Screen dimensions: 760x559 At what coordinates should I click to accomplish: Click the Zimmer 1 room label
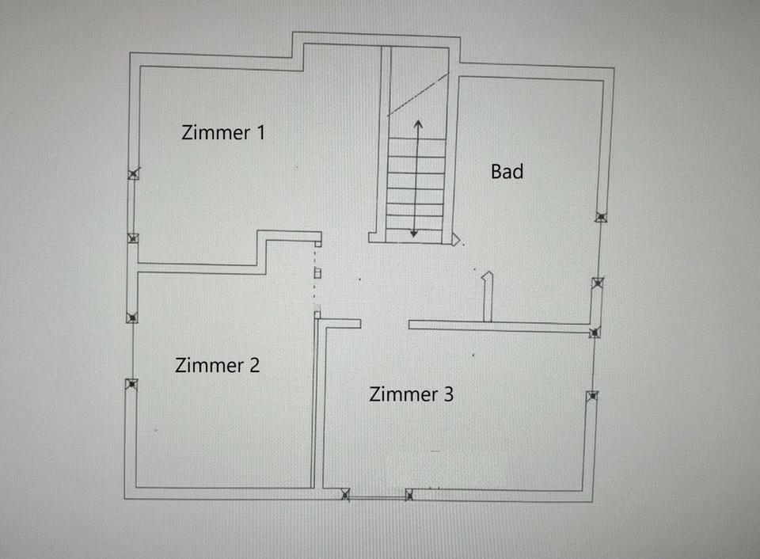[x=223, y=132]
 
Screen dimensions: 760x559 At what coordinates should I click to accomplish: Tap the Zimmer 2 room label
[x=217, y=365]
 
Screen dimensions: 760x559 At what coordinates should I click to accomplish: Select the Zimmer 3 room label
[x=411, y=394]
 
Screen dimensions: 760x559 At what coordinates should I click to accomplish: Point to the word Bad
[x=507, y=170]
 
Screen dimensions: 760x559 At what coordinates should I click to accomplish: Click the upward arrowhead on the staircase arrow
[x=419, y=123]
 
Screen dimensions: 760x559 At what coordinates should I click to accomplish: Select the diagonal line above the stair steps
[x=418, y=94]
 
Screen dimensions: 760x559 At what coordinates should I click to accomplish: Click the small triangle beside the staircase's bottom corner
[x=456, y=239]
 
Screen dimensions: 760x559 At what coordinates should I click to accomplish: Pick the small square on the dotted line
[x=317, y=273]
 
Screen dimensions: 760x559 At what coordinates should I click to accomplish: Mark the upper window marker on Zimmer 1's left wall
[x=133, y=174]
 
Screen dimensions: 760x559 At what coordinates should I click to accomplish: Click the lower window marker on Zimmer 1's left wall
[x=133, y=238]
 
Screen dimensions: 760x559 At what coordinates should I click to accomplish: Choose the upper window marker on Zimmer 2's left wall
[x=131, y=318]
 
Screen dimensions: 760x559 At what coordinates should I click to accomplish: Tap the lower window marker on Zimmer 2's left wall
[x=131, y=384]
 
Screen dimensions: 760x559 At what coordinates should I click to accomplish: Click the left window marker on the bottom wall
[x=345, y=495]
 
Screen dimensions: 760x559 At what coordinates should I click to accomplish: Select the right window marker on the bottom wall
[x=409, y=495]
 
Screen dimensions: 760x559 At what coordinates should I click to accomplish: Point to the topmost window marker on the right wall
[x=602, y=217]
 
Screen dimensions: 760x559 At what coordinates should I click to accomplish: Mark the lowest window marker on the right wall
[x=591, y=396]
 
